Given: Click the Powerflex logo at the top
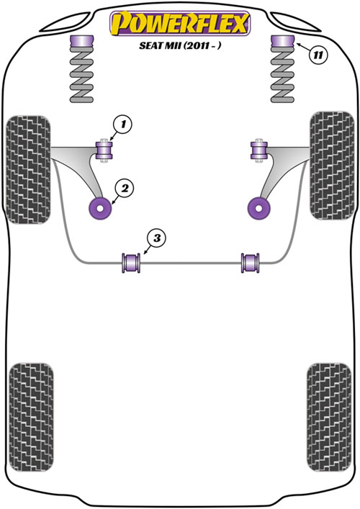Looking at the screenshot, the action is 180,23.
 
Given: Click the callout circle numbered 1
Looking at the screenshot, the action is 122,125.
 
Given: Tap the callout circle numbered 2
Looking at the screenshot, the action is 125,188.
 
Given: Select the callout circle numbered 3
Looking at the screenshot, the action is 157,238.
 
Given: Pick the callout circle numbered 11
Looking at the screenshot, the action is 318,55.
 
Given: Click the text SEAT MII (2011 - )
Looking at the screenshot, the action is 180,45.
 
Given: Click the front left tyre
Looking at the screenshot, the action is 29,170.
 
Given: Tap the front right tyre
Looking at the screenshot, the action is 332,166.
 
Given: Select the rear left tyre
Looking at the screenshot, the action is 31,417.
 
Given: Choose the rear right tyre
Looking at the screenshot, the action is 329,417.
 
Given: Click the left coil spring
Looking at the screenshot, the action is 82,75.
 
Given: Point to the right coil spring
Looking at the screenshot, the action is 282,75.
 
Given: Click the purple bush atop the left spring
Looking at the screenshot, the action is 82,42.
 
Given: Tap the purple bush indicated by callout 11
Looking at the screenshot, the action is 282,42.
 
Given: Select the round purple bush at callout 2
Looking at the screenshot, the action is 100,208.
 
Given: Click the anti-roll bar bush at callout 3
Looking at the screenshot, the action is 131,263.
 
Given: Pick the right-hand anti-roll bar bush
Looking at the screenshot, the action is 251,263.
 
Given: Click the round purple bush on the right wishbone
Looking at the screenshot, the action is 259,208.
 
